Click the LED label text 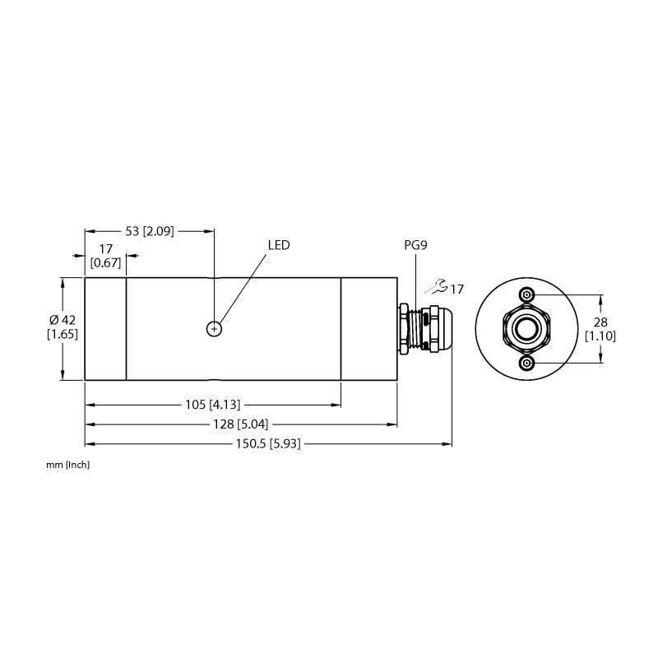[x=279, y=245]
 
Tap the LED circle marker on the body [x=214, y=329]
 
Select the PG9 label [x=415, y=245]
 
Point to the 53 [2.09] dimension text [x=150, y=231]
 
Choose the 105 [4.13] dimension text [x=213, y=405]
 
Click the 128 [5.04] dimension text [x=240, y=424]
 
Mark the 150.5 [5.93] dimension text [x=268, y=443]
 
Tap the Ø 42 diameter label [x=63, y=320]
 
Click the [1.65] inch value [x=63, y=335]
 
